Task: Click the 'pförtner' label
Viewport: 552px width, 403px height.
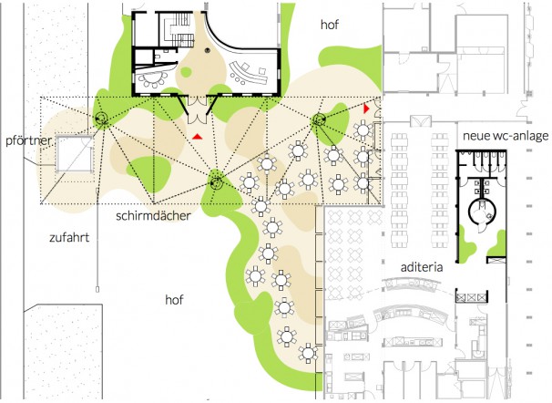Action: [28, 141]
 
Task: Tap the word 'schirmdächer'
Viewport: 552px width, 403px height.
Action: [153, 215]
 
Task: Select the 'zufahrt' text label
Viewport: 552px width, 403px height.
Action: [69, 238]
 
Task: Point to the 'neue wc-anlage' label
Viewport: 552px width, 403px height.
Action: [506, 136]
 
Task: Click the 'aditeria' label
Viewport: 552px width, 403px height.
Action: [422, 267]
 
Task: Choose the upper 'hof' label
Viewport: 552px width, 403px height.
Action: [330, 25]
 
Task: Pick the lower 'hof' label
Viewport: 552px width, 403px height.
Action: [174, 300]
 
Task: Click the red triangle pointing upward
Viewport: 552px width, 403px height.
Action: [197, 137]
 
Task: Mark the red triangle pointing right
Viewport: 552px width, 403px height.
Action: [366, 108]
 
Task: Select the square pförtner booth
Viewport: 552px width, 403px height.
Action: [75, 154]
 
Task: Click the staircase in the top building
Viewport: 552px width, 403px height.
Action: [179, 30]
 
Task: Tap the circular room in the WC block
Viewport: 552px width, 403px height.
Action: [482, 212]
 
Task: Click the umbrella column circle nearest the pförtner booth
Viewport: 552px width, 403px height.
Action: [101, 118]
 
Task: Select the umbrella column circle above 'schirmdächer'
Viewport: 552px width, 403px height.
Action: [216, 183]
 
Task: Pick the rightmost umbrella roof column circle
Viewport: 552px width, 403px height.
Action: [319, 119]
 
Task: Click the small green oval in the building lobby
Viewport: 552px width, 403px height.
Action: [186, 72]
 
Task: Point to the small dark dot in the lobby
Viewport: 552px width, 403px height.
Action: [208, 50]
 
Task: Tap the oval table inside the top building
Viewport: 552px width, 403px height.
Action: [154, 79]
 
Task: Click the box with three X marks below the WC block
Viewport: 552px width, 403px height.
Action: [471, 297]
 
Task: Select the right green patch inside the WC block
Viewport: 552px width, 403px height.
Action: [498, 243]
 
